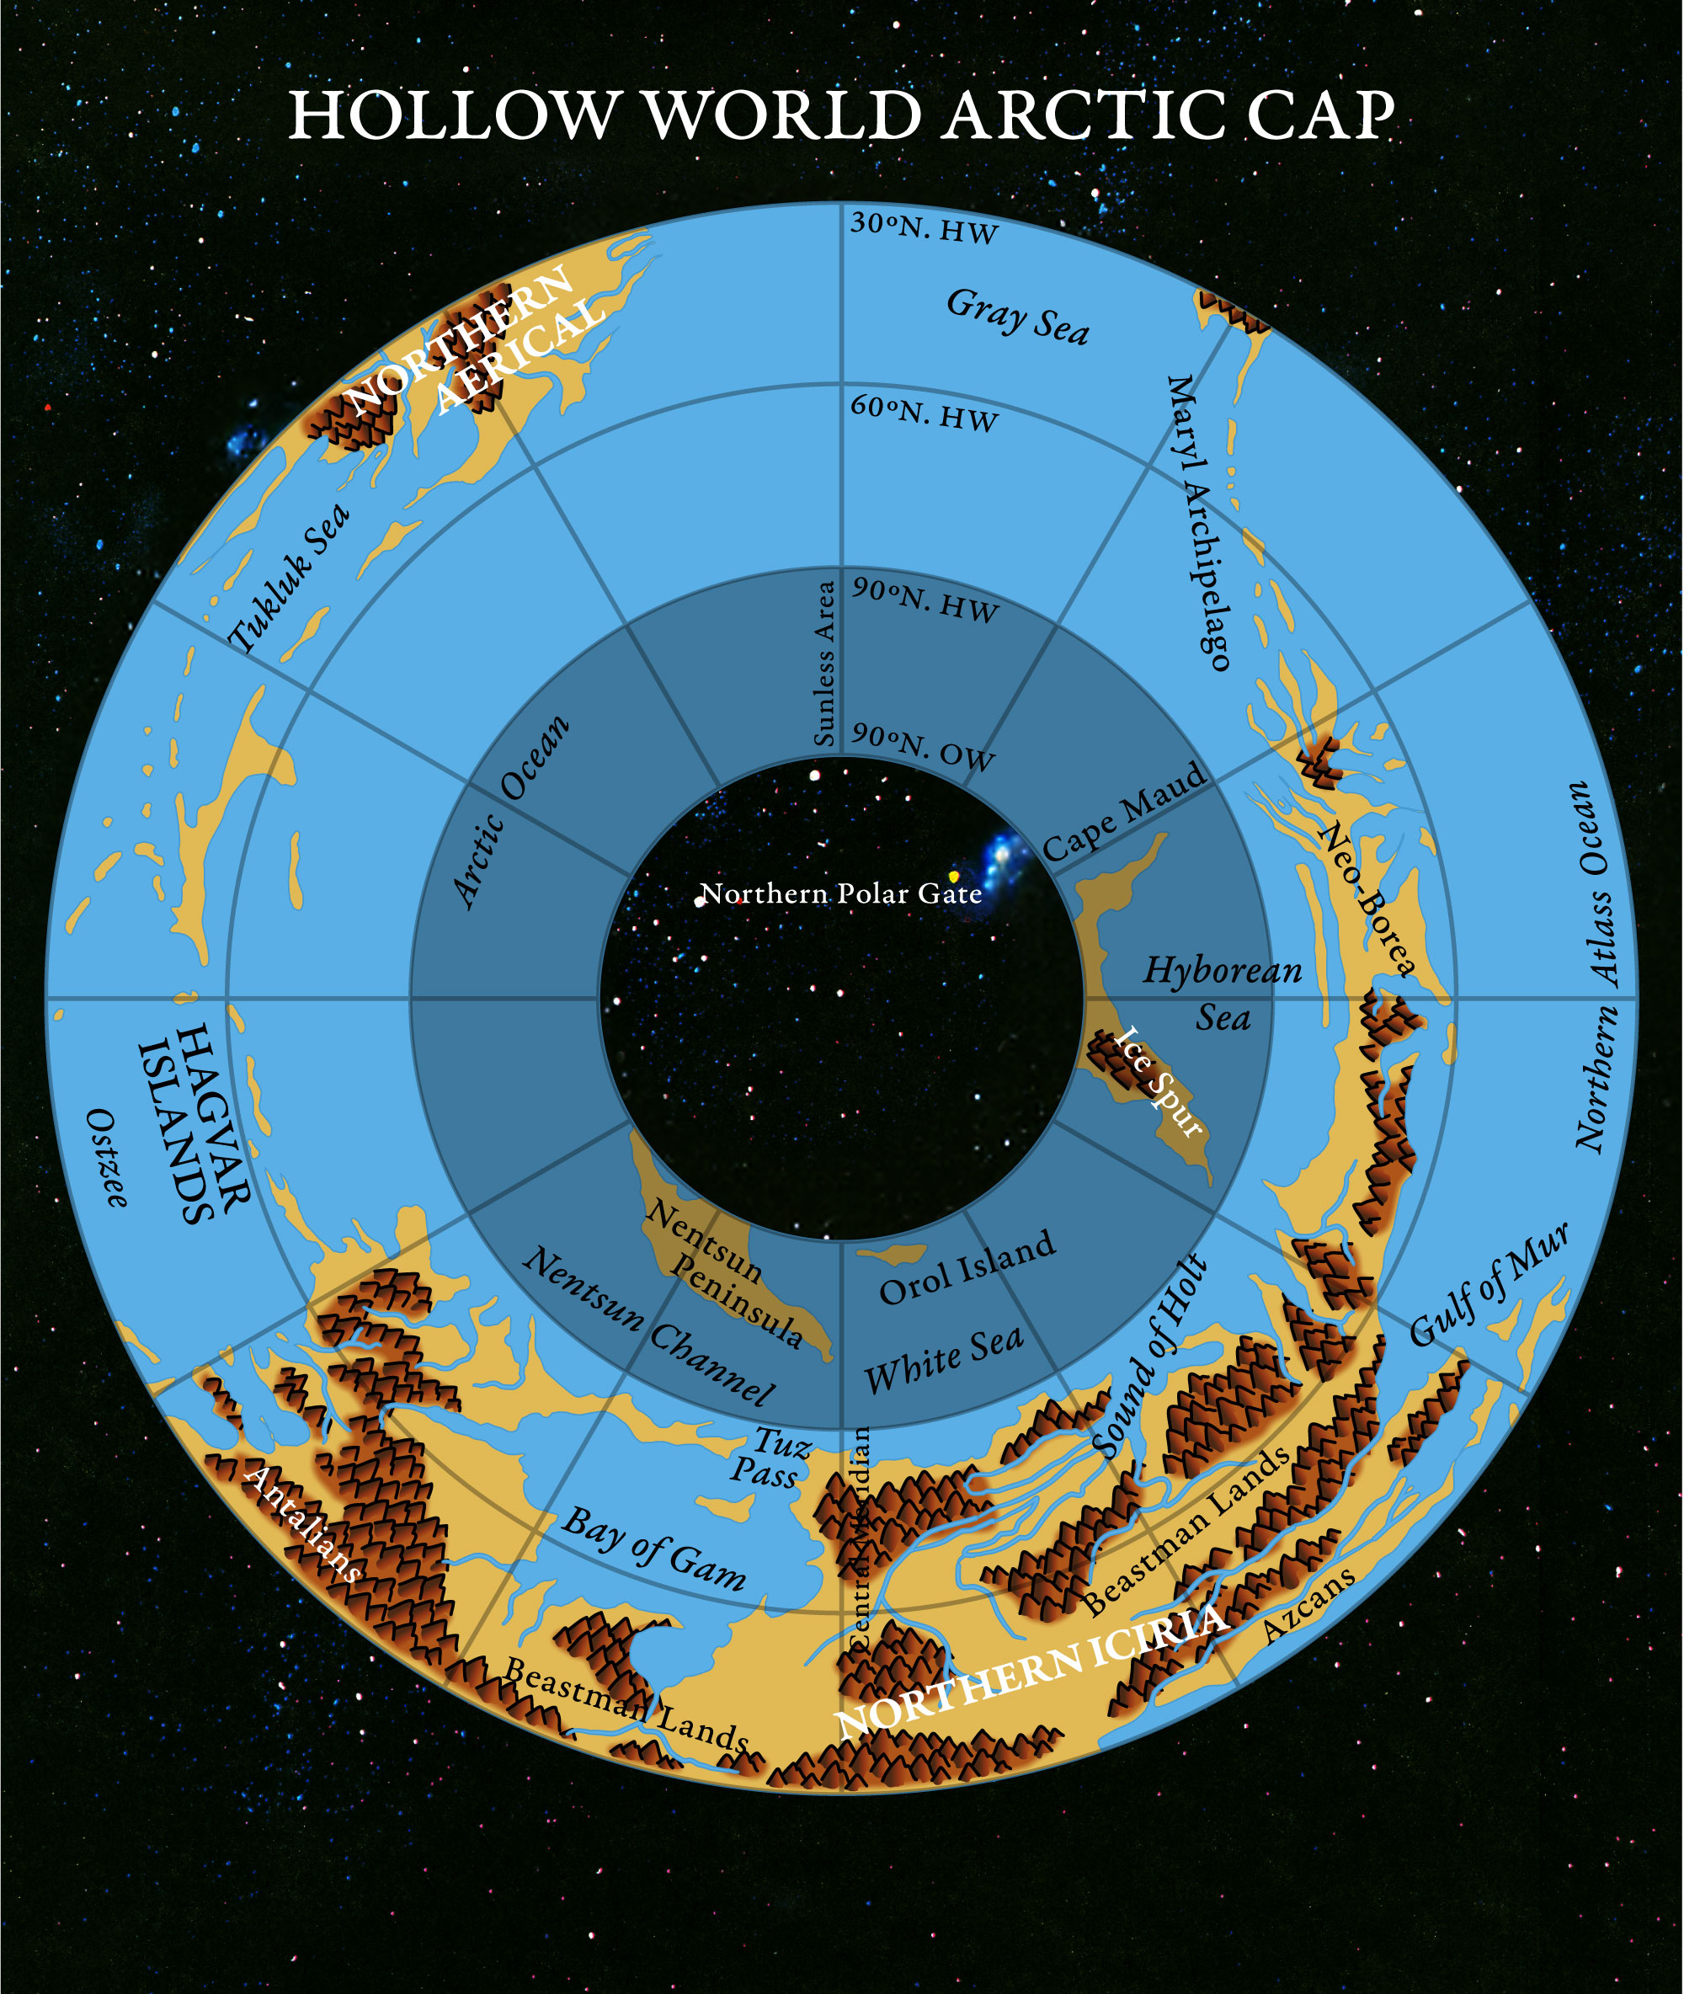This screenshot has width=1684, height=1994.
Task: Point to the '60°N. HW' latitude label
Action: click(925, 414)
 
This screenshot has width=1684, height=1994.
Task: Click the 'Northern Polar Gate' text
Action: click(841, 893)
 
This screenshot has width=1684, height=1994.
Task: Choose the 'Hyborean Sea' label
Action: click(1223, 994)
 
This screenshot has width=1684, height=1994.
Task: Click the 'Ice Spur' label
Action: click(1157, 1081)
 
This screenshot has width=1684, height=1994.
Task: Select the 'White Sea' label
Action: click(943, 1361)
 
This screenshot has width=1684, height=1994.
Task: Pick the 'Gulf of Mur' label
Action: click(1489, 1284)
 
